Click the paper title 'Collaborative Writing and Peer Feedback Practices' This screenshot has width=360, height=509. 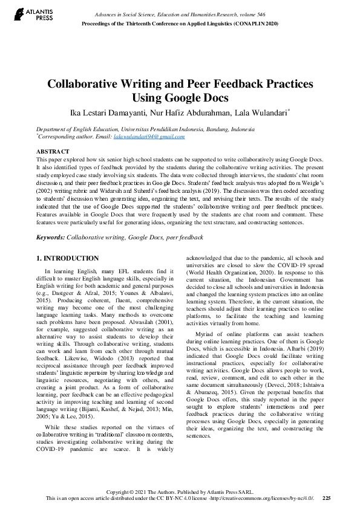pyautogui.click(x=180, y=85)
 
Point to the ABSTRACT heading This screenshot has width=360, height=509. pyautogui.click(x=53, y=151)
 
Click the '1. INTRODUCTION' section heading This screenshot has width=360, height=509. pyautogui.click(x=68, y=258)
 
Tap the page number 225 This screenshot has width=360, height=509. pyautogui.click(x=326, y=498)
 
